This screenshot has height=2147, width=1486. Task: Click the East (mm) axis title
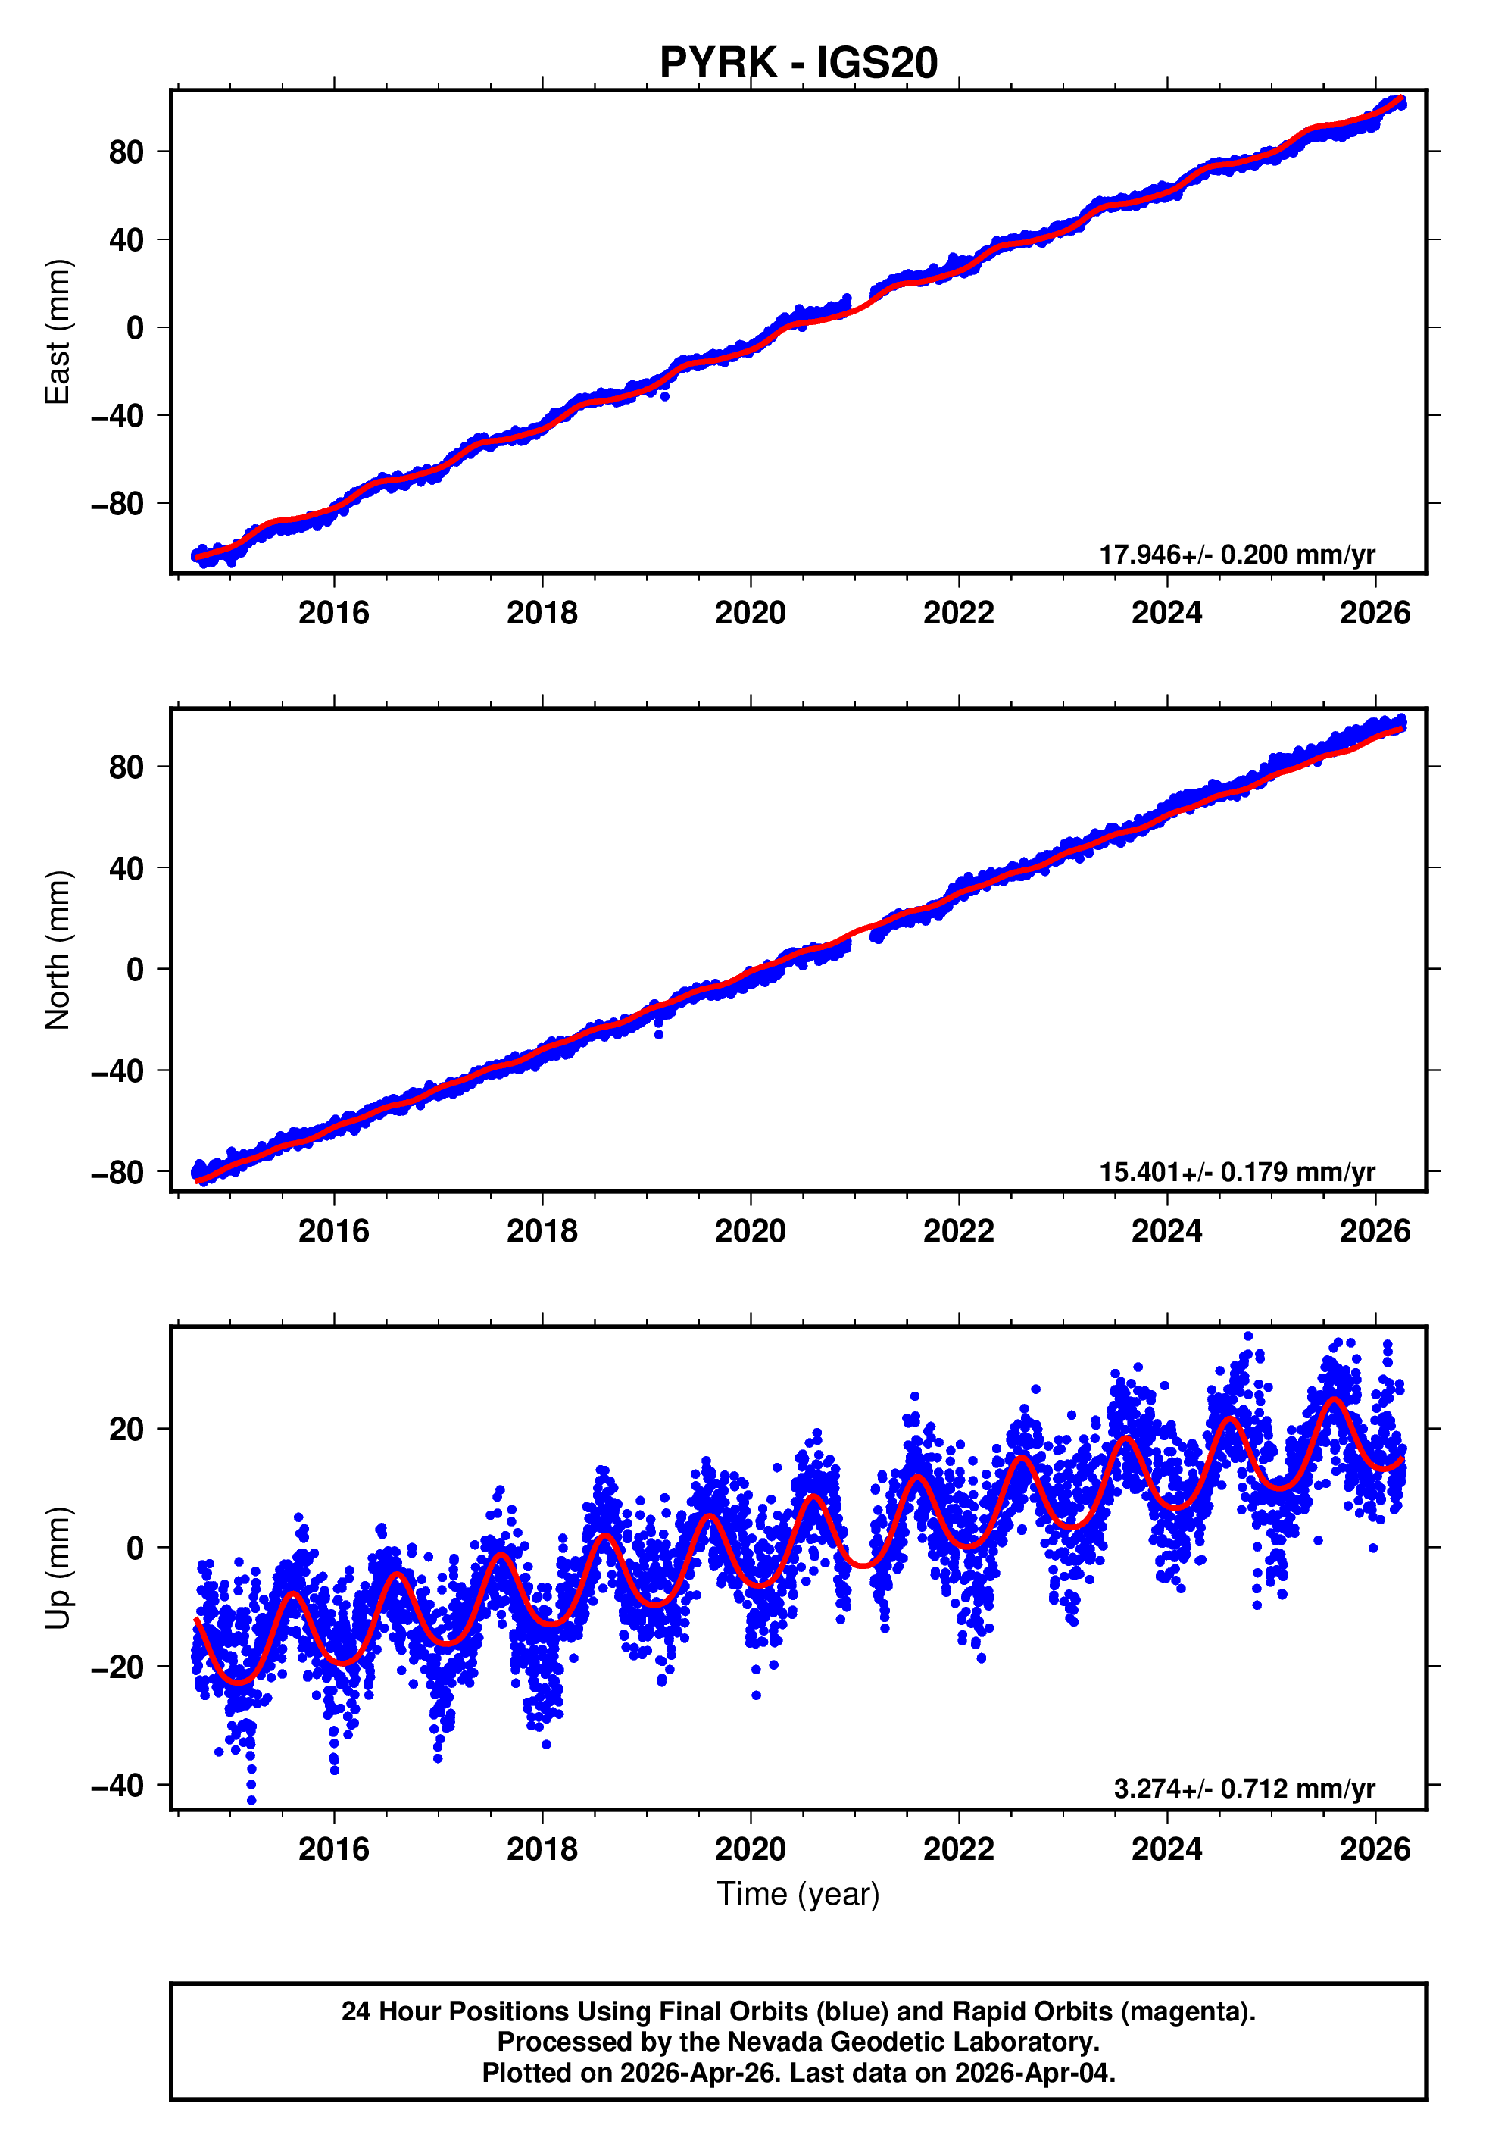coord(58,333)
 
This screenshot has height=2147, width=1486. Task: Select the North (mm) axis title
coord(58,950)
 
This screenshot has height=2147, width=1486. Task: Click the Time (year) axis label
coord(798,1894)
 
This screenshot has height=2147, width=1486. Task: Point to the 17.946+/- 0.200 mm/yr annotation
coord(1237,555)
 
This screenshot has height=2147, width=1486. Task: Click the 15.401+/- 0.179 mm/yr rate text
coord(1237,1172)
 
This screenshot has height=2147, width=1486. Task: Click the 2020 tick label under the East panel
coord(750,614)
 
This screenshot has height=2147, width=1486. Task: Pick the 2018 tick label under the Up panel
coord(542,1849)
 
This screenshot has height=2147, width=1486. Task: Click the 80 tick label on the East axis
coord(126,152)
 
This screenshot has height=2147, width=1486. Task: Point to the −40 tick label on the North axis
coord(117,1070)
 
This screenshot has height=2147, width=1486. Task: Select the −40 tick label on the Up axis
coord(117,1786)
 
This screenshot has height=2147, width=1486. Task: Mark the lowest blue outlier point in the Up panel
coord(251,1801)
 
